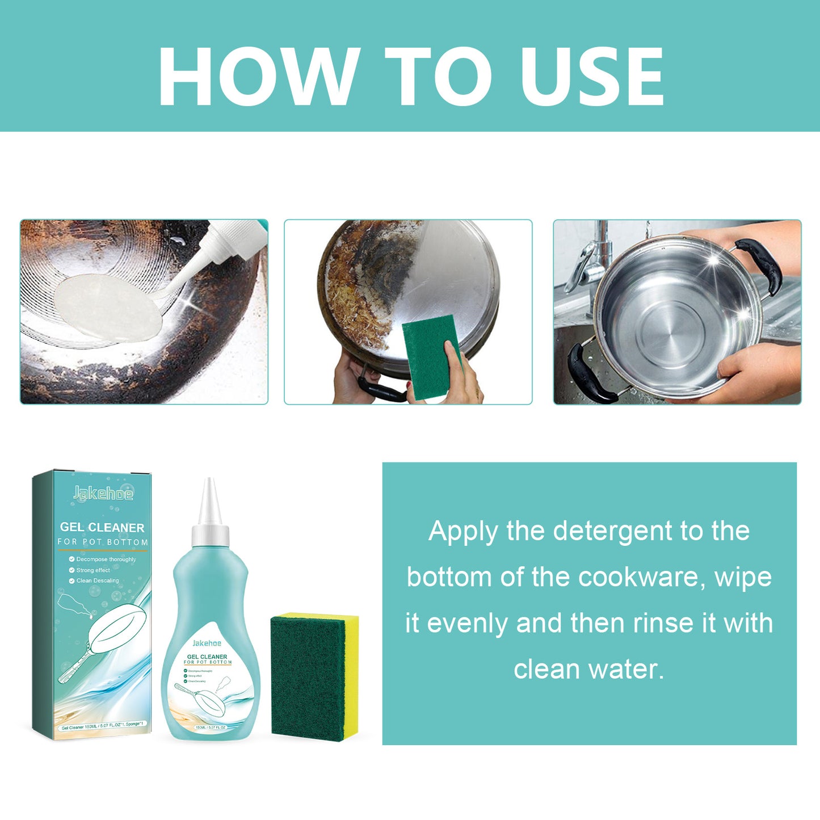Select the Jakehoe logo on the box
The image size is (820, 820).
103,494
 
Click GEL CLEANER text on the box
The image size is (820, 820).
102,528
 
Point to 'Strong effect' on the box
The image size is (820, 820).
93,570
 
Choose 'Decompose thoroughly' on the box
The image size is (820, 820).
106,560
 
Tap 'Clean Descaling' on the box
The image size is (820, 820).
98,581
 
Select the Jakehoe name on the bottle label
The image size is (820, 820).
207,643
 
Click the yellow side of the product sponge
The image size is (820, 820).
351,675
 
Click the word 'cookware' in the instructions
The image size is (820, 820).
641,578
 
